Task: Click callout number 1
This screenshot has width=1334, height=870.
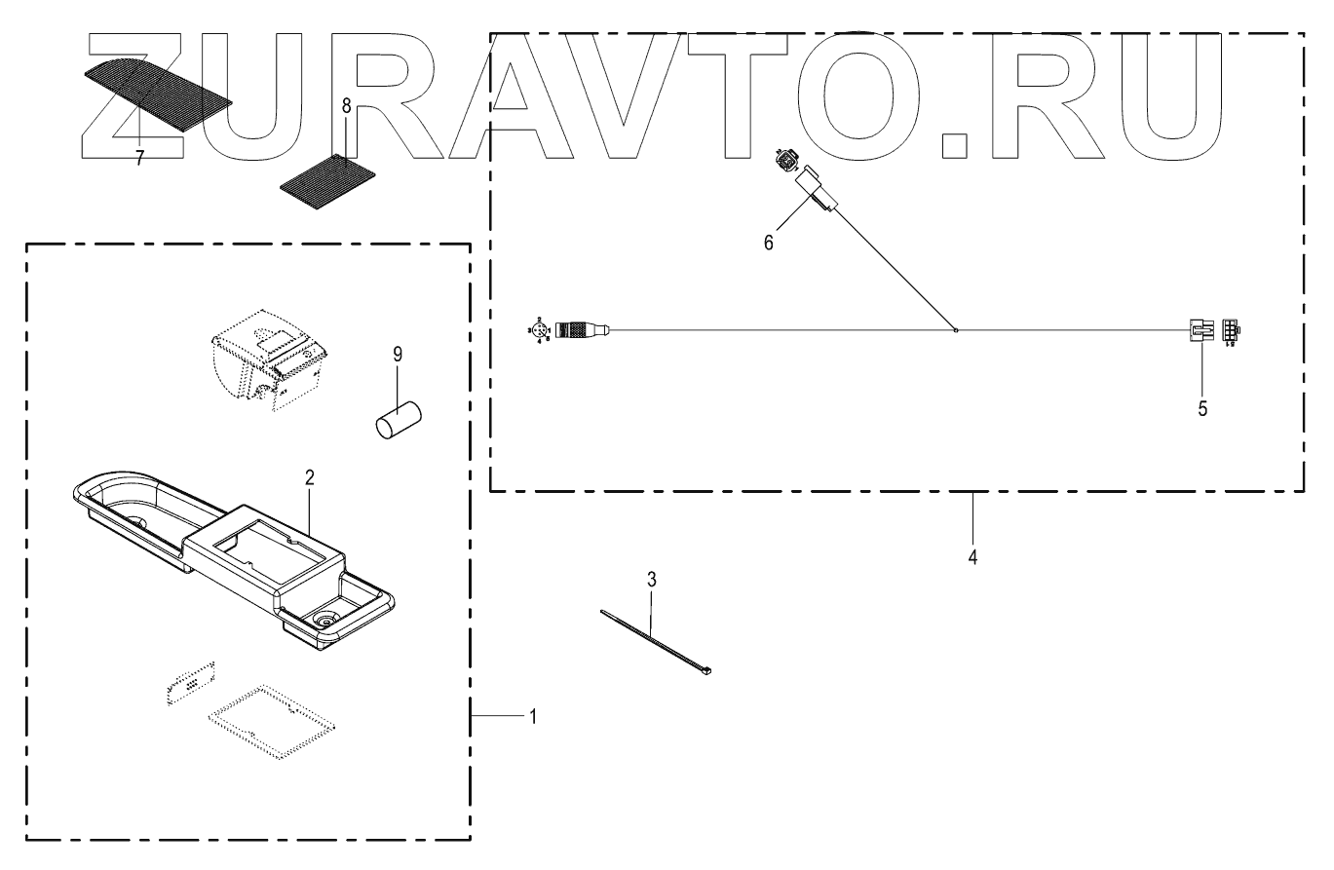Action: (532, 716)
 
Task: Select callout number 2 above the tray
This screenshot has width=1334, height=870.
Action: (309, 477)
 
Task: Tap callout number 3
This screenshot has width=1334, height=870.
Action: (653, 579)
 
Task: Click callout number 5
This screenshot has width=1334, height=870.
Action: (1202, 409)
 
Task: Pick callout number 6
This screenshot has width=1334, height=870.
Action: (769, 243)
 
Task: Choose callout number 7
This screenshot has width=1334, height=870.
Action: (139, 159)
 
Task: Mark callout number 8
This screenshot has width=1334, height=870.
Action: (346, 105)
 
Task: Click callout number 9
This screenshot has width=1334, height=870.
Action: (398, 356)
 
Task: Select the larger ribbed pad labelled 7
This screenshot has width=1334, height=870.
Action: (157, 89)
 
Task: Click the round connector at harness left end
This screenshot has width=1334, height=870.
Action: (580, 331)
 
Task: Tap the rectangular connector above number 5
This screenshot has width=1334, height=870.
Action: (1200, 331)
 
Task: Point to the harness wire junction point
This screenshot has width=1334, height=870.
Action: (957, 330)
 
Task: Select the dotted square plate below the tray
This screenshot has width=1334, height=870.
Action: (272, 722)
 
